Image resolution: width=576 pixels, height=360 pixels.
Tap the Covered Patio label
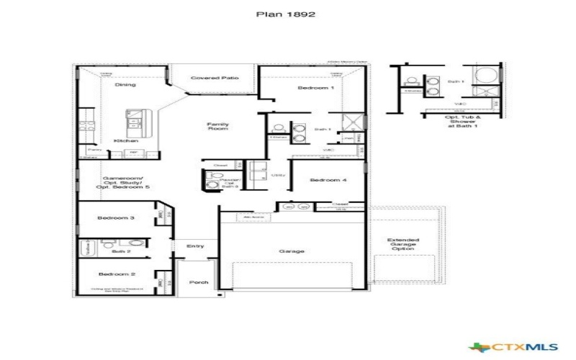pyautogui.click(x=215, y=78)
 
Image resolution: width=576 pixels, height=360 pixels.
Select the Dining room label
pyautogui.click(x=125, y=85)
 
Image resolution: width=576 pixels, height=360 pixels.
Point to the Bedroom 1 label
pyautogui.click(x=316, y=87)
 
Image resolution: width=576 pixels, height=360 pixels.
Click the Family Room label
pyautogui.click(x=217, y=127)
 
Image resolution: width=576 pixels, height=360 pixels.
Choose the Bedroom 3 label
pyautogui.click(x=117, y=217)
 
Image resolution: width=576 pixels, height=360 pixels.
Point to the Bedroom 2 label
pyautogui.click(x=117, y=274)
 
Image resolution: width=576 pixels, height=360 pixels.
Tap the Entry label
pyautogui.click(x=195, y=246)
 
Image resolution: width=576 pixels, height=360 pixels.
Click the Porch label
pyautogui.click(x=198, y=282)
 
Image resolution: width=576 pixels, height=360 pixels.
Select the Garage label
pyautogui.click(x=292, y=251)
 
